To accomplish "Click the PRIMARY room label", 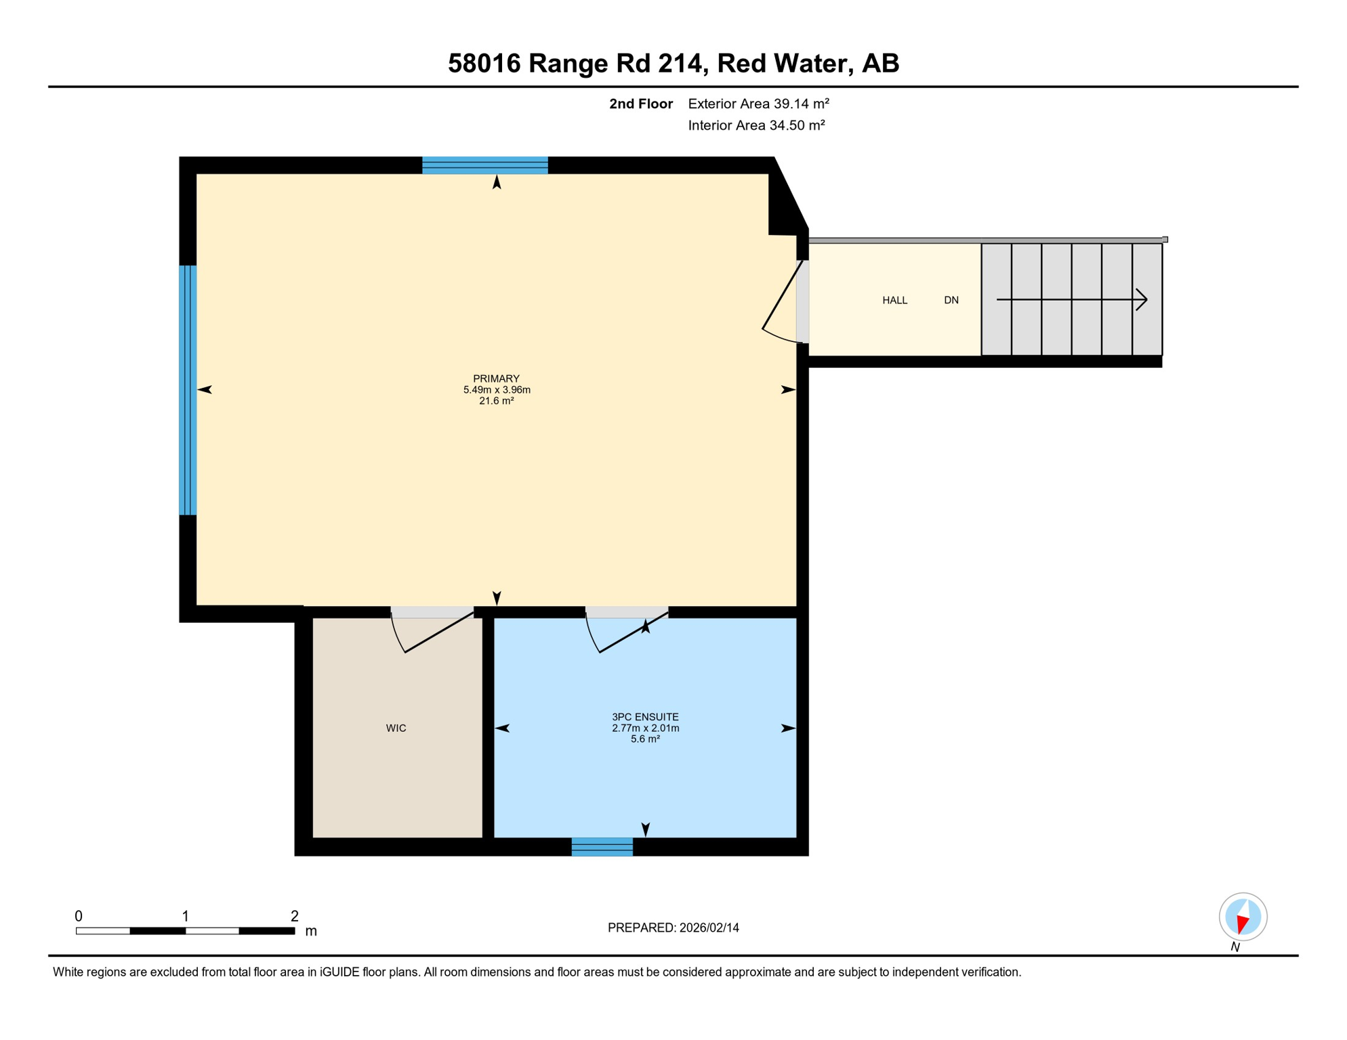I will pos(496,378).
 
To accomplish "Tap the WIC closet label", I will pos(396,728).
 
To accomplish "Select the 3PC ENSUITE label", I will pos(645,716).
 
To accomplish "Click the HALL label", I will pos(894,300).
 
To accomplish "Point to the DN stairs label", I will pos(951,300).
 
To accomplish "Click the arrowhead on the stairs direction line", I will pos(1142,299).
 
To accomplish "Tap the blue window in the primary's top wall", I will pos(484,165).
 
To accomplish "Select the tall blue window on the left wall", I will pos(188,390).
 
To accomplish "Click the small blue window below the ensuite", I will pos(602,846).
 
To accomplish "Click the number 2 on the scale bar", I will pos(294,916).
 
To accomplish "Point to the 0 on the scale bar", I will pos(79,916).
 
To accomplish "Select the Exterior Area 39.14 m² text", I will pos(758,104).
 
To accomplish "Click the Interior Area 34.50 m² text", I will pos(756,125).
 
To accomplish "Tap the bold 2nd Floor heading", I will pos(640,104).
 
